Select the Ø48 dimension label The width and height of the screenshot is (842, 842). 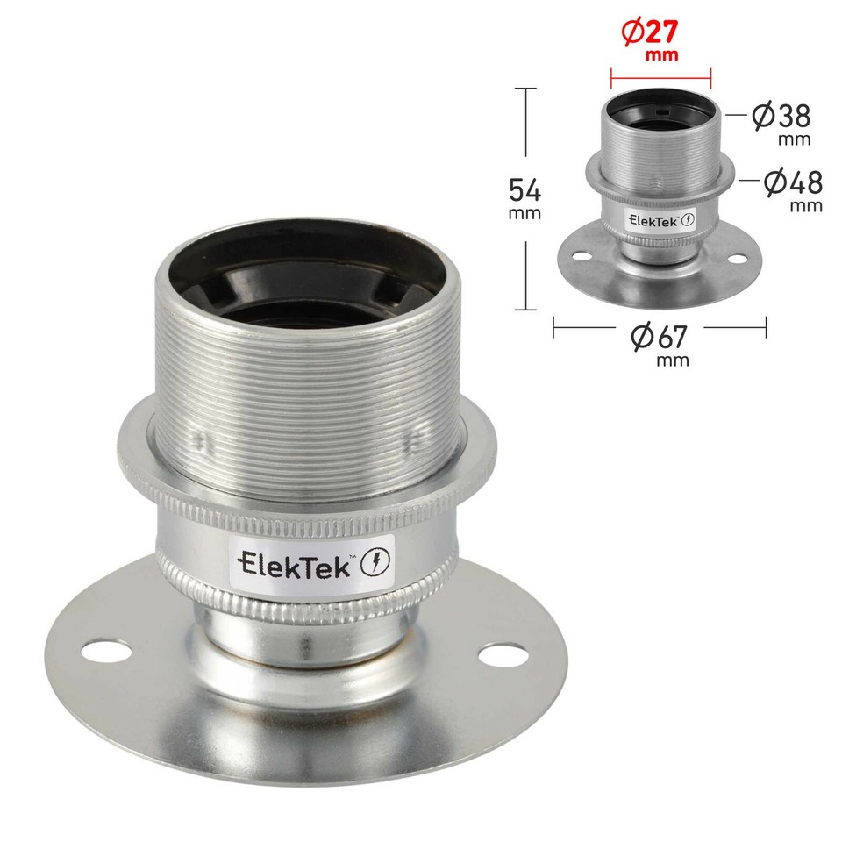click(x=792, y=182)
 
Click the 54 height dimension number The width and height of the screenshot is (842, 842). click(x=525, y=189)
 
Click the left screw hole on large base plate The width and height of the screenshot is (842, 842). click(x=105, y=653)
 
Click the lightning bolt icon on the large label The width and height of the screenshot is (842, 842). click(x=374, y=561)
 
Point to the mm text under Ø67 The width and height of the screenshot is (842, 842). click(x=674, y=360)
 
